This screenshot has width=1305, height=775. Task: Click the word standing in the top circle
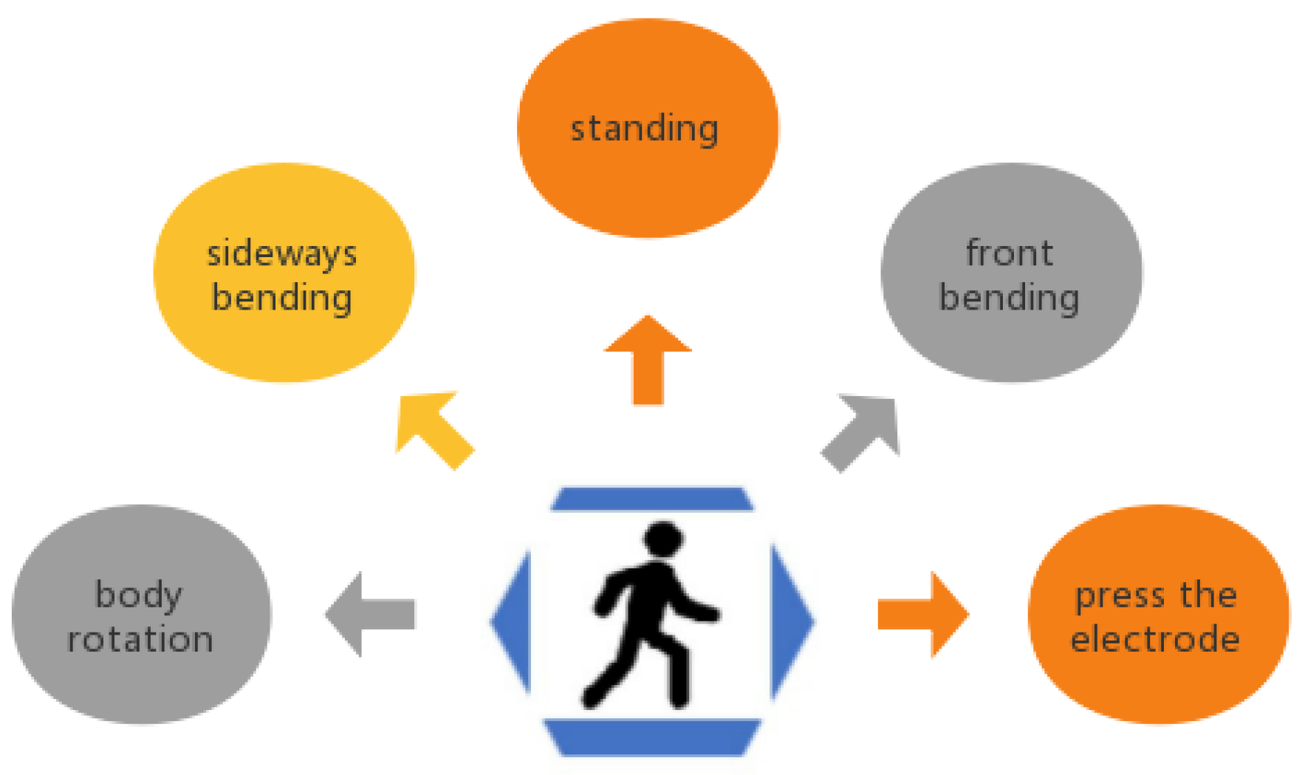[644, 129]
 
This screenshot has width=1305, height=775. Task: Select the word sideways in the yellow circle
[281, 254]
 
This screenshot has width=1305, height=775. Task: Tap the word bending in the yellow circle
[281, 298]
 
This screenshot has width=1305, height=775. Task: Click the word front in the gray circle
[1009, 253]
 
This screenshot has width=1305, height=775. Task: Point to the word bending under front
[1009, 298]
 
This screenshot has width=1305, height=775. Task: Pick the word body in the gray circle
[138, 595]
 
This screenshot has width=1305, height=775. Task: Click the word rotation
[140, 639]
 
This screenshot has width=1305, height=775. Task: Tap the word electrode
[1155, 639]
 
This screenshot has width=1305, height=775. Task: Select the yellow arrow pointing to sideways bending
[432, 429]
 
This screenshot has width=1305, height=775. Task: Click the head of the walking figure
[662, 538]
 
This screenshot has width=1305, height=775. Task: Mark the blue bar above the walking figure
[651, 499]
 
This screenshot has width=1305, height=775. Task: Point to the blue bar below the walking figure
[651, 737]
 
